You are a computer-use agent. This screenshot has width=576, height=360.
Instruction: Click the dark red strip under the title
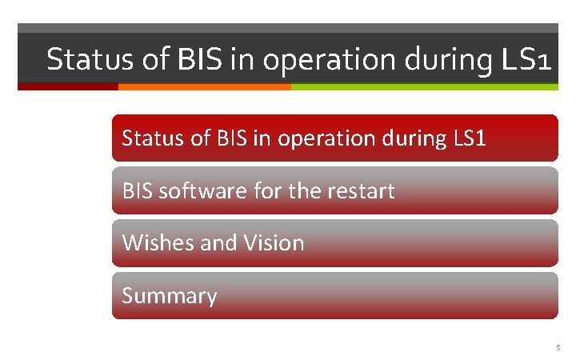click(68, 86)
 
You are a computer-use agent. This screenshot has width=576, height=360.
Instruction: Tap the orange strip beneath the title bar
click(204, 86)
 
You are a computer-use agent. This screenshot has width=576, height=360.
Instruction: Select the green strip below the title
click(424, 86)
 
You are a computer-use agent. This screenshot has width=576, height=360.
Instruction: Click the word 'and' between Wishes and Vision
click(216, 242)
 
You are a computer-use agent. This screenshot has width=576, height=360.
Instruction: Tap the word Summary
click(170, 296)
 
